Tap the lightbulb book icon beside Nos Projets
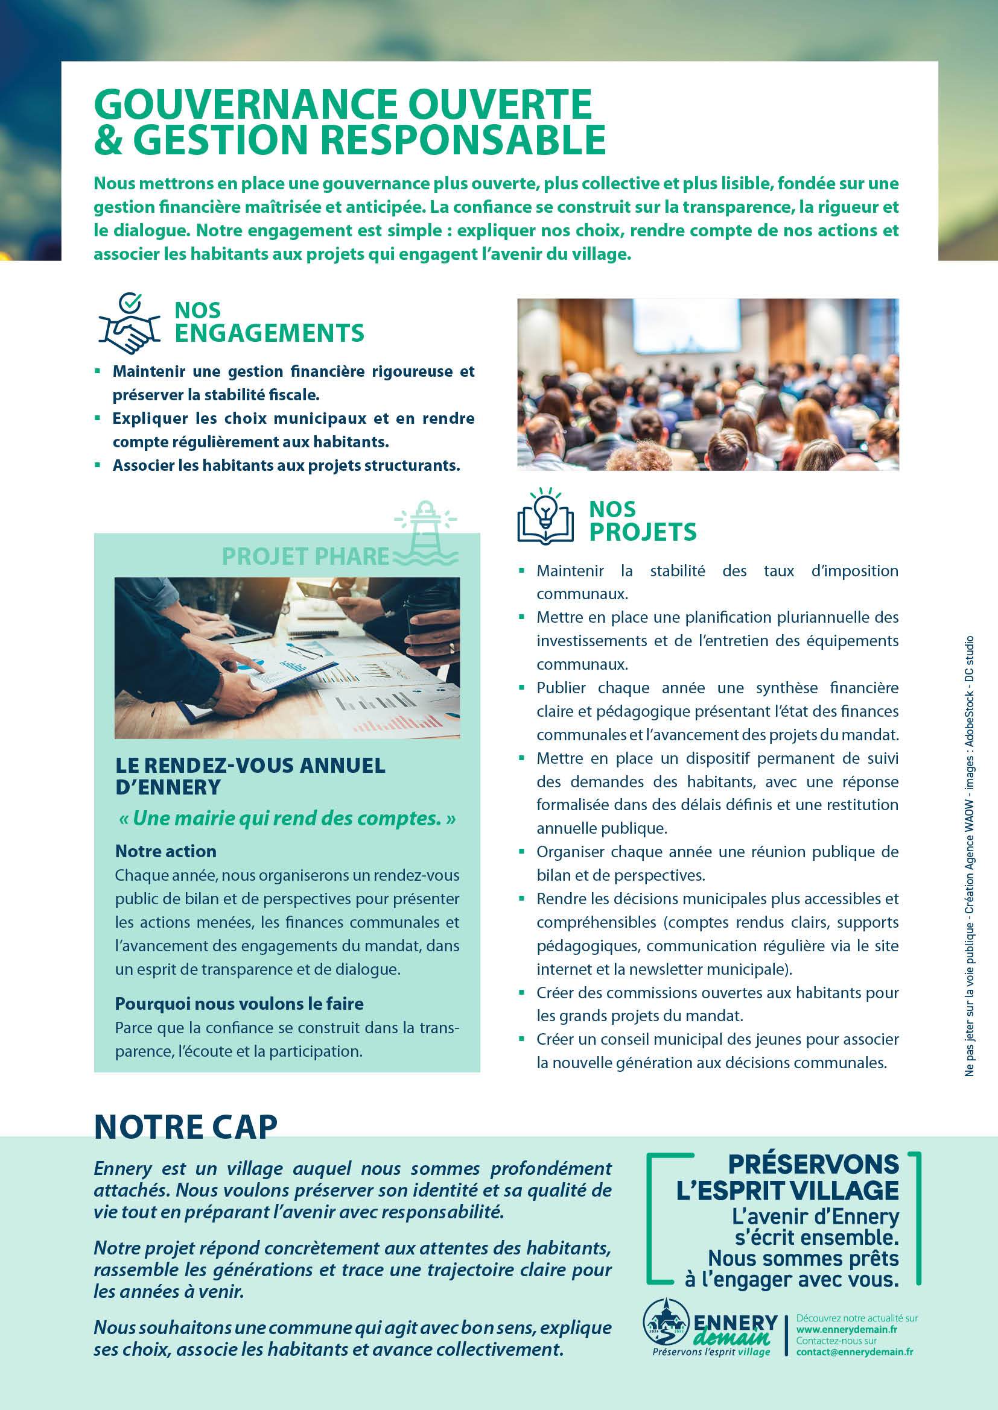545,518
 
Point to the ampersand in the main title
109,139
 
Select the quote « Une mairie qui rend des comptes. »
286,819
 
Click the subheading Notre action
166,851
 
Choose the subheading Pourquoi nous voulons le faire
239,1004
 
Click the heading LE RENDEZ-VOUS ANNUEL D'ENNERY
250,776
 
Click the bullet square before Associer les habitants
97,465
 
